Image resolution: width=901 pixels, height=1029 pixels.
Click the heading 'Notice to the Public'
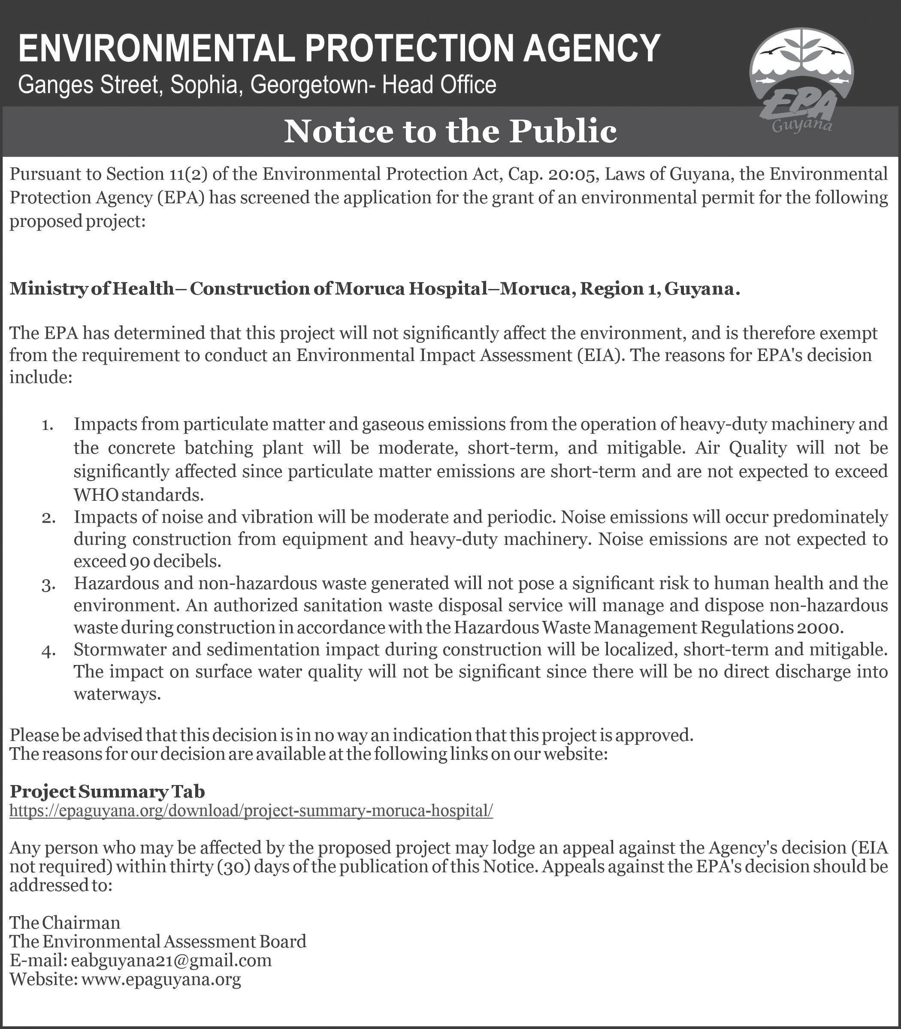[450, 131]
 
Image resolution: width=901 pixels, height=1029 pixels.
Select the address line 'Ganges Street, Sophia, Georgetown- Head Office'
[257, 84]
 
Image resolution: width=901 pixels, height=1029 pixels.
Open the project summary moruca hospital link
[251, 810]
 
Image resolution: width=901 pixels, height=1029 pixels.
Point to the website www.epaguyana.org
[160, 979]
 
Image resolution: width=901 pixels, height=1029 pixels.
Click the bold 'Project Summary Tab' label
[108, 791]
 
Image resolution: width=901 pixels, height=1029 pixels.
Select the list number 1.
[47, 426]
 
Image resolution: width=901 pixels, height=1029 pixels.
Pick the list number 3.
[48, 586]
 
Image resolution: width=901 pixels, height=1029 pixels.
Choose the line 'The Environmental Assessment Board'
[158, 941]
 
